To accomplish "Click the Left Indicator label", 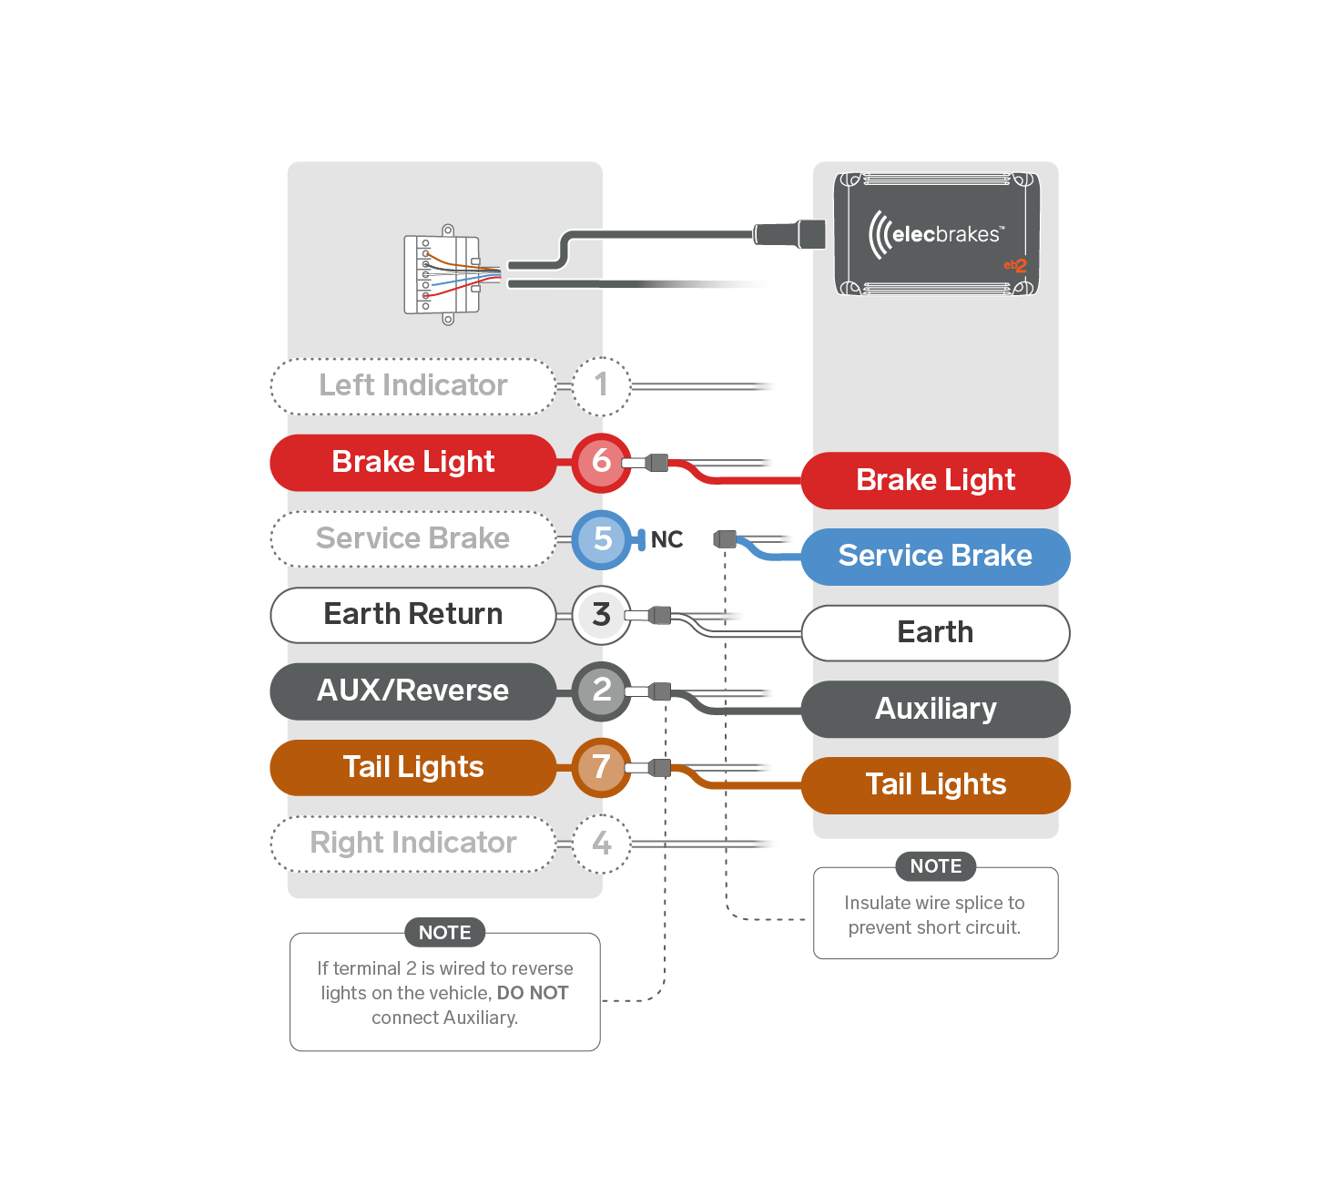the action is coord(412,386).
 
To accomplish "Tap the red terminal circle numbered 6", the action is coord(601,462).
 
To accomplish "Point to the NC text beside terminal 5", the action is coord(666,540).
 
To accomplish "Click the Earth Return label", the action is coord(412,615).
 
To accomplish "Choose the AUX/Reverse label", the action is coord(412,691).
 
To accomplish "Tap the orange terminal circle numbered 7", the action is coord(601,767).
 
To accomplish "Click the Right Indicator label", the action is coord(412,844).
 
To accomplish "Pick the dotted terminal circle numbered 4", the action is coord(601,844).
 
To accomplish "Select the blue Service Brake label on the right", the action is coord(935,557).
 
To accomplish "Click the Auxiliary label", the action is coord(935,709).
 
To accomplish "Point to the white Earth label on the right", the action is coord(935,632).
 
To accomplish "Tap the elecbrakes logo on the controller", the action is coord(936,234).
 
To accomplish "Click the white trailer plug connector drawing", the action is coord(443,274).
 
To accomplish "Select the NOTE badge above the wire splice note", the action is coord(935,866).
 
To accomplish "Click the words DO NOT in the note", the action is coord(533,993).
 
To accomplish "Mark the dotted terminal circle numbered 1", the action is coord(601,386).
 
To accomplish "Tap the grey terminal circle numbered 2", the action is coord(601,691).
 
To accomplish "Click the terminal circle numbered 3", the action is coord(601,615).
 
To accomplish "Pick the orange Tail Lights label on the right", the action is coord(935,785).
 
